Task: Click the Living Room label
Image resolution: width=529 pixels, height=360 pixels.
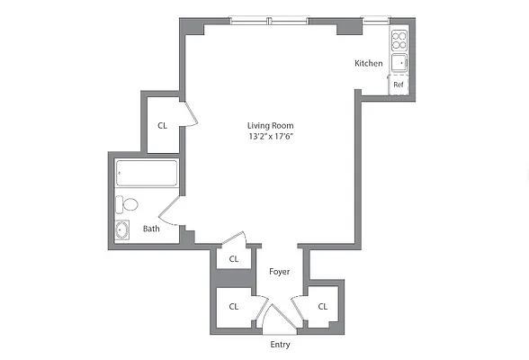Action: (271, 125)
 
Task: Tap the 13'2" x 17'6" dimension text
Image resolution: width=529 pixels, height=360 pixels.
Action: (271, 137)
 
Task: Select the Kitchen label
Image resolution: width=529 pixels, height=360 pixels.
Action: (369, 63)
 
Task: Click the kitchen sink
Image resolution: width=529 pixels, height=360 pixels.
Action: (399, 62)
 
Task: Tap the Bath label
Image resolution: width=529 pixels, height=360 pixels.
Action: (151, 229)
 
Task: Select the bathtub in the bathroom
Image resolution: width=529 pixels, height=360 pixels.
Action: (147, 174)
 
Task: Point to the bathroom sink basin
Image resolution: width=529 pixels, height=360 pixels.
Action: (123, 229)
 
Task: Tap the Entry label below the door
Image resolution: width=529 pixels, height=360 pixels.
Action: (280, 345)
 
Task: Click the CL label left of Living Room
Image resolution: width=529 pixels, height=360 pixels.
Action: (163, 126)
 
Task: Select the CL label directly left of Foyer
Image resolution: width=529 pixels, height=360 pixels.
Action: (234, 259)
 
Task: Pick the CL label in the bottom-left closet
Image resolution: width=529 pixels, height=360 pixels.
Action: (233, 306)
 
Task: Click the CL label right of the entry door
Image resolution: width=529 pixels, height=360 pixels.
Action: (322, 306)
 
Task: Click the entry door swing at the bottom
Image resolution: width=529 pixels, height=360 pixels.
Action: (279, 317)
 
